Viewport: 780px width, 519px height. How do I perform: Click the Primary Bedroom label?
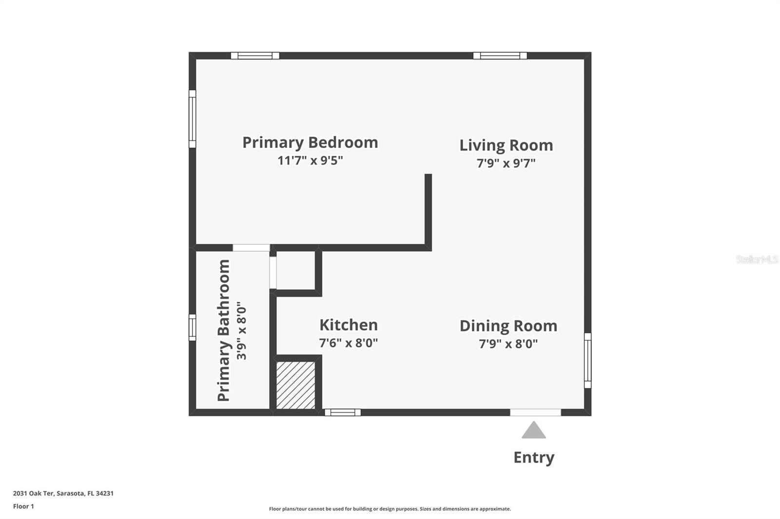point(310,142)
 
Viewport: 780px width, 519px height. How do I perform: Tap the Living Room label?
point(506,145)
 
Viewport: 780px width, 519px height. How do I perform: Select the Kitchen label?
point(348,325)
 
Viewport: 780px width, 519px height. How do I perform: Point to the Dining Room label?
point(508,326)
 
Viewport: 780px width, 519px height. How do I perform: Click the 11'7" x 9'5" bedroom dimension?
point(310,160)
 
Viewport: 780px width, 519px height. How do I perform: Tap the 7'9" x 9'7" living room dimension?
point(506,163)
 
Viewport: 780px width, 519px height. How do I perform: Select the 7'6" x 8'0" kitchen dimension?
point(348,343)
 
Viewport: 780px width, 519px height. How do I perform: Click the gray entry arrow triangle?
point(534,430)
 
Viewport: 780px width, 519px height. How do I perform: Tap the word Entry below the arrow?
point(534,457)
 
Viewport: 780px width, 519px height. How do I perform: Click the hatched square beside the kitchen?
point(295,385)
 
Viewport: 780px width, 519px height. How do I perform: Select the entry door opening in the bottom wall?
point(535,412)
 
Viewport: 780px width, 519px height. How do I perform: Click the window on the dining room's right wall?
point(587,360)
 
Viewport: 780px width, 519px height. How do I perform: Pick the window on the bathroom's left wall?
point(193,327)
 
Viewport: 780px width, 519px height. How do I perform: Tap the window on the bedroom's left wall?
point(193,119)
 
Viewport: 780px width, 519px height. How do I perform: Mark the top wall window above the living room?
point(500,56)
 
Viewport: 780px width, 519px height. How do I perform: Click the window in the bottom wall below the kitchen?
point(343,412)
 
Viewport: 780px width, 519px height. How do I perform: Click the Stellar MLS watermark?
point(757,259)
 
